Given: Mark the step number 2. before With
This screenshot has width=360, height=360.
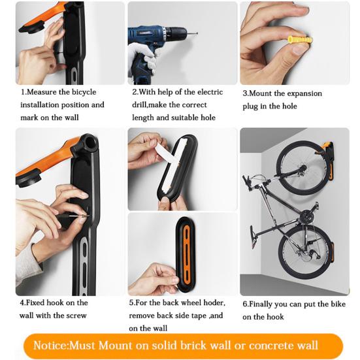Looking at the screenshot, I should pyautogui.click(x=134, y=92).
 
